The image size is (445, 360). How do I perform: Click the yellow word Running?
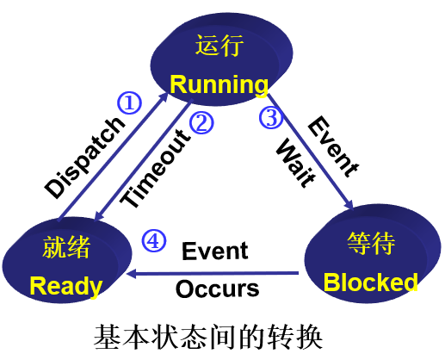pos(219,85)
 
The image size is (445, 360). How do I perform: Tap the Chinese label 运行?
pos(219,46)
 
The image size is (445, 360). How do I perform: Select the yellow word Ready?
pos(66,287)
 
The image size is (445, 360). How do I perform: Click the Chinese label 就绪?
pos(66,247)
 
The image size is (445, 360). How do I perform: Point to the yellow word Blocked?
pos(370,282)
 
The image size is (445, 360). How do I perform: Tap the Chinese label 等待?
pos(371,244)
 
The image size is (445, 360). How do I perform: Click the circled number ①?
pos(129,102)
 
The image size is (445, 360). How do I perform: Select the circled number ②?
pos(201,122)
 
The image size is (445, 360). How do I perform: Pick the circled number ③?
pos(271,117)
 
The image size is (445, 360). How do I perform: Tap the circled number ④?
pos(154,241)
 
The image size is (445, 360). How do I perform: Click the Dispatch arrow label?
pos(85,158)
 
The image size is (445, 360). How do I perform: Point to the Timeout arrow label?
pos(155,168)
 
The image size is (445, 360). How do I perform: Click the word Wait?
pos(295,163)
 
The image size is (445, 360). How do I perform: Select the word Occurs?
pos(217,289)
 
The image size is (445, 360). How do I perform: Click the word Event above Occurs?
pos(215,251)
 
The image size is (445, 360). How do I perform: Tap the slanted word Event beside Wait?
pos(333,146)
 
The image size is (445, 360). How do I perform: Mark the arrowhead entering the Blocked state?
pos(349,205)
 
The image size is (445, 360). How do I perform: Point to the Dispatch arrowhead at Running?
pos(164,97)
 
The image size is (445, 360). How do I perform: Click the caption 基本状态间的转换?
pos(208,338)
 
